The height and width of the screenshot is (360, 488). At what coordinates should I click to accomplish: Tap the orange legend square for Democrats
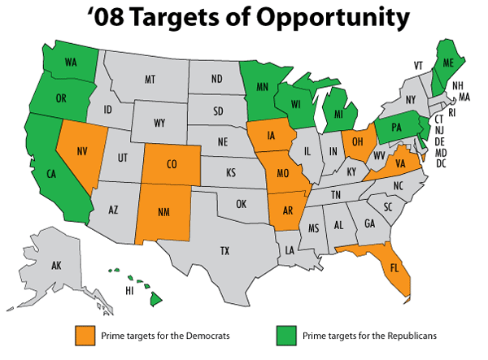pos(84,335)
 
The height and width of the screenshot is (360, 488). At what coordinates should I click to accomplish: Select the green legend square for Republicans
pos(287,335)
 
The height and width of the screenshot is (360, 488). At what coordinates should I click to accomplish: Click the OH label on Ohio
pos(356,143)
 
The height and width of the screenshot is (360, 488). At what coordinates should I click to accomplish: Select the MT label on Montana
pos(150,79)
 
